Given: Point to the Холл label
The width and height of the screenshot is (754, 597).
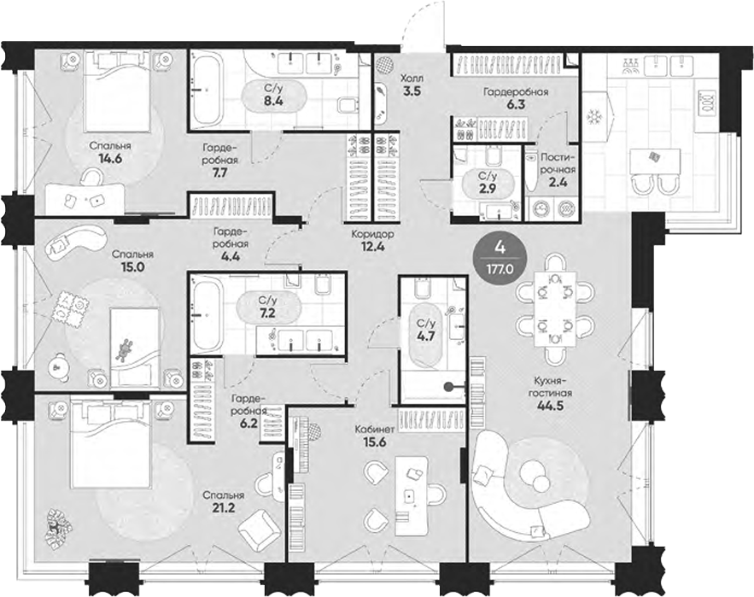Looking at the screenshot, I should [x=412, y=77].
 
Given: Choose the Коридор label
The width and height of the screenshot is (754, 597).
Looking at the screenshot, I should [x=371, y=233].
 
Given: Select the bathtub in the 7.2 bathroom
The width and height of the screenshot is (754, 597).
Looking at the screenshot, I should [x=207, y=315].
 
